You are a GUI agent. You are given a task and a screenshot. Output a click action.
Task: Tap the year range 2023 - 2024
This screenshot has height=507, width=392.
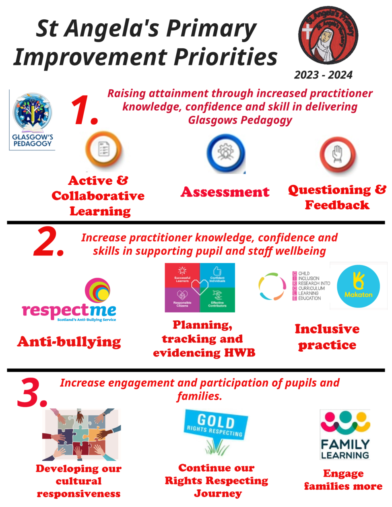pos(323,75)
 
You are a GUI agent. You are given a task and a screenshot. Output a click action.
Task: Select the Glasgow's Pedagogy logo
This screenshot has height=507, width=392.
pos(32,120)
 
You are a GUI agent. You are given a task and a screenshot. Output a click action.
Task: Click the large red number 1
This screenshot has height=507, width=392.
pos(84,110)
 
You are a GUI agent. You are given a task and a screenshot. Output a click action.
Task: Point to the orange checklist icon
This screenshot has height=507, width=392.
pos(103,150)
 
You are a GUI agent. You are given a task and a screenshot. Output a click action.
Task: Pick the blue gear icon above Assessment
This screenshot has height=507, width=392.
pos(226,153)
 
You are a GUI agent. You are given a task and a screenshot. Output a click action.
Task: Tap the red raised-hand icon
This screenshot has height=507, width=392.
pos(338,155)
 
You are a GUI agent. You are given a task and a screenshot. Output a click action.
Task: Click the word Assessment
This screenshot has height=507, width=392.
pos(225,192)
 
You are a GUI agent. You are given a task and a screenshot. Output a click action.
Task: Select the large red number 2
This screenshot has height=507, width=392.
pos(48,242)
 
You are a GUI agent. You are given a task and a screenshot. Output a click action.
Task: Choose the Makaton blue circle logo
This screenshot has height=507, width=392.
pos(358,286)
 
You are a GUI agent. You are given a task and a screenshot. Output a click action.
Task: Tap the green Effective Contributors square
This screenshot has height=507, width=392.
pos(217,299)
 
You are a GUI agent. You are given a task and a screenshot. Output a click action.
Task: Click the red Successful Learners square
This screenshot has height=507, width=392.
pos(182,275)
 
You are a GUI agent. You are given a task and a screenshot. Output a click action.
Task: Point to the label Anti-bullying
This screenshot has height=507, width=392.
pos(69,342)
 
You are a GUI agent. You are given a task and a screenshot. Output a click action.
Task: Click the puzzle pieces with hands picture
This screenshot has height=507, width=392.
pos(81,435)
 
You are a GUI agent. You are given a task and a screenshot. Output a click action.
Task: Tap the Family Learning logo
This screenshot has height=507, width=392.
pos(345,435)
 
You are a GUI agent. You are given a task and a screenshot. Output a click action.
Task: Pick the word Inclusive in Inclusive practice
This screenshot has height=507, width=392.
pos(327,329)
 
